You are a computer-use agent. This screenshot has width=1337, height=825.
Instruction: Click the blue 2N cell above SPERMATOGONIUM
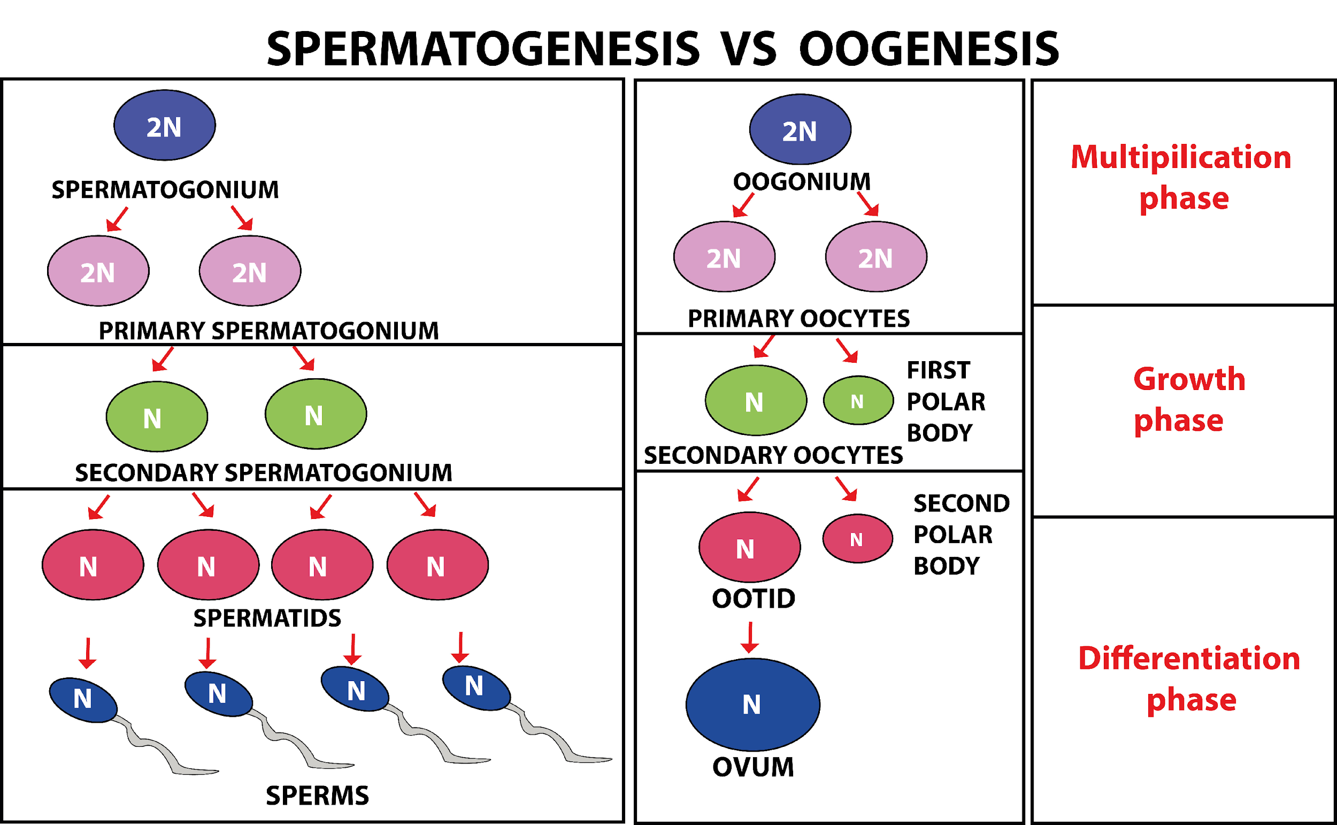coord(164,126)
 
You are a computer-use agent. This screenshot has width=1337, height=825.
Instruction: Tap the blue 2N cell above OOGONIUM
coord(800,129)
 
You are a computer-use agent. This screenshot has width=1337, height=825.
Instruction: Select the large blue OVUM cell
coord(752,705)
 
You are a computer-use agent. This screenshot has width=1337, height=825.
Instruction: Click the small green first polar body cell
coord(858,401)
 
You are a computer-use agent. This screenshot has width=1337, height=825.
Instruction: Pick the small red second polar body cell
coord(857,539)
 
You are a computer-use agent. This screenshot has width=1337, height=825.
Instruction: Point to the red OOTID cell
coord(749,547)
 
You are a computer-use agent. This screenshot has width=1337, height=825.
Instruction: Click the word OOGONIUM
coord(802,182)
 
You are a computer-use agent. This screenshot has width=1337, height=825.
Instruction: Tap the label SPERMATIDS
coord(267,618)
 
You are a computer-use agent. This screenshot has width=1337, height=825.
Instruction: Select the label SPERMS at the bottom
coord(317,796)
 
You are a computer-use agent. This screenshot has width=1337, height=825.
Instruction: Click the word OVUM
coord(753,767)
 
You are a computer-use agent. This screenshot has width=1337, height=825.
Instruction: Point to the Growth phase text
coord(1189,400)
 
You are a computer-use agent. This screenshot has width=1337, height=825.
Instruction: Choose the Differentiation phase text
coord(1189,679)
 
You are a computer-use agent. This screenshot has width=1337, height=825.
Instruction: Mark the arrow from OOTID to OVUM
coord(750,637)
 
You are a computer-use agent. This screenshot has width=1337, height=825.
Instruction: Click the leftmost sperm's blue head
coord(83,700)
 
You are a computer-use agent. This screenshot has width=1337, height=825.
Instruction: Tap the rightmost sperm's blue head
coord(476,687)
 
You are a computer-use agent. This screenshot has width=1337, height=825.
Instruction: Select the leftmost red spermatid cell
coord(93,565)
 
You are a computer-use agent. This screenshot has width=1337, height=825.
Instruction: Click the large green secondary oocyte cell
coord(755,401)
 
